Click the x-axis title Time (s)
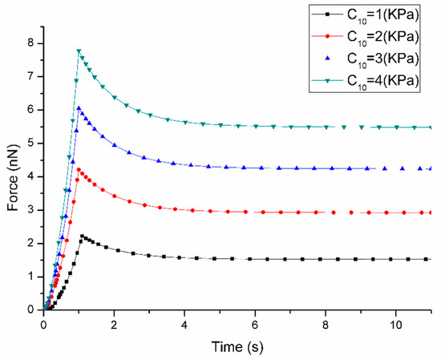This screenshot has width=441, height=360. pyautogui.click(x=237, y=348)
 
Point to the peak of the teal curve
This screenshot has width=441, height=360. pyautogui.click(x=79, y=51)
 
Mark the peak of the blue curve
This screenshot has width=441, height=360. pyautogui.click(x=79, y=107)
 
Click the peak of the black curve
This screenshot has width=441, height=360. pyautogui.click(x=82, y=236)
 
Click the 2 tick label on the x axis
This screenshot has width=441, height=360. pyautogui.click(x=114, y=325)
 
